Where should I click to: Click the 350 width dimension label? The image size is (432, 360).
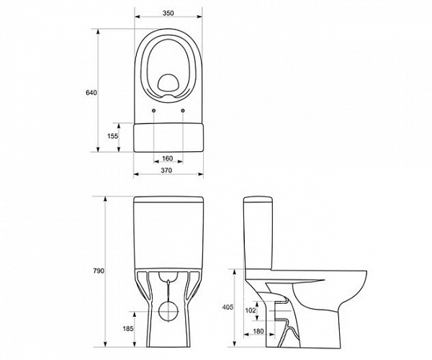pyautogui.click(x=168, y=13)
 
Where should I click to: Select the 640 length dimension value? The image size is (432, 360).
pyautogui.click(x=91, y=93)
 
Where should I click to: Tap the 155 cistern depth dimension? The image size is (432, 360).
pyautogui.click(x=113, y=136)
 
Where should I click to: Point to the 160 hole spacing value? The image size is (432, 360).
pyautogui.click(x=168, y=158)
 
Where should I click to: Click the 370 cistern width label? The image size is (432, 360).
pyautogui.click(x=166, y=171)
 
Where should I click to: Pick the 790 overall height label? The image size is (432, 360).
pyautogui.click(x=99, y=271)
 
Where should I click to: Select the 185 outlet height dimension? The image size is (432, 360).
pyautogui.click(x=128, y=328)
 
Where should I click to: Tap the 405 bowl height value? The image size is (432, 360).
pyautogui.click(x=228, y=307)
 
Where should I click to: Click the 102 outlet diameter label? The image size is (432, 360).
pyautogui.click(x=251, y=311)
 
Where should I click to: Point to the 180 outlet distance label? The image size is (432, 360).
pyautogui.click(x=258, y=331)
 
